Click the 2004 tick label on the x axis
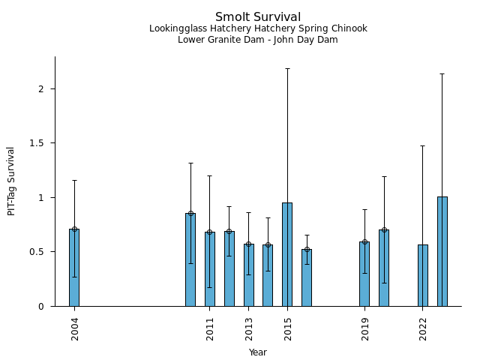coord(75,329)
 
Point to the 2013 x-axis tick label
coord(249,329)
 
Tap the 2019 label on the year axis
coord(365,329)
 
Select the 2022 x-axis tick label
coord(423,329)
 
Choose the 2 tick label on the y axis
coord(43,89)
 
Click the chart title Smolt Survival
coord(258,17)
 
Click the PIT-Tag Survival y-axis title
coord(11,181)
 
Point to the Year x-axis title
coord(258,352)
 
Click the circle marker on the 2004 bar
coord(74,229)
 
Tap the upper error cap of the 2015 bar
coord(287,69)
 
